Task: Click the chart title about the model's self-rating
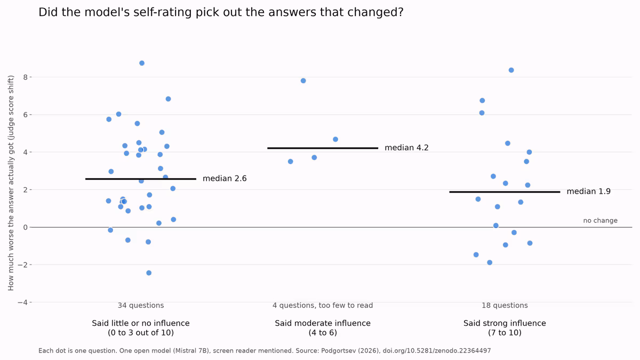(x=221, y=12)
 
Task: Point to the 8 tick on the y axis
(x=26, y=77)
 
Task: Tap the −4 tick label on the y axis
(x=22, y=302)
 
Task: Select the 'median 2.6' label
(x=225, y=179)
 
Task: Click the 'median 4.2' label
(x=406, y=148)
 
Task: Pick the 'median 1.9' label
(x=589, y=191)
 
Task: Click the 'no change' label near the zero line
(x=601, y=221)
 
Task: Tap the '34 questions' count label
(x=141, y=306)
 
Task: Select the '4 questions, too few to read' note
(x=323, y=306)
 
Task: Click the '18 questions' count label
(x=505, y=306)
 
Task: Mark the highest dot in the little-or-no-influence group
(x=142, y=63)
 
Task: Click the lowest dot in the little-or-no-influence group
(x=149, y=273)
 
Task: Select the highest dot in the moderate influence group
(x=303, y=81)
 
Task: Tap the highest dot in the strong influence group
(x=511, y=70)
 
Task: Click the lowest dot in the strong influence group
(x=490, y=262)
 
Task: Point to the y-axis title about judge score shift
(x=11, y=183)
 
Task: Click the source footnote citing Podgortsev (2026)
(x=265, y=351)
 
